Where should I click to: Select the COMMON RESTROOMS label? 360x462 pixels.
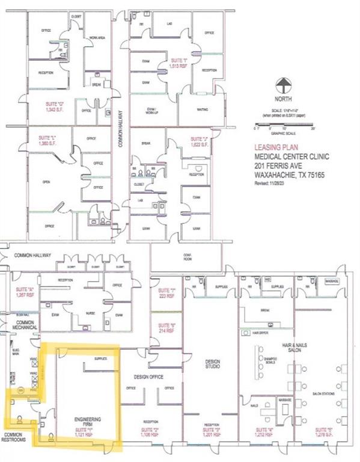[17, 437]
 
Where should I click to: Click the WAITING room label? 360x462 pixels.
[202, 109]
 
